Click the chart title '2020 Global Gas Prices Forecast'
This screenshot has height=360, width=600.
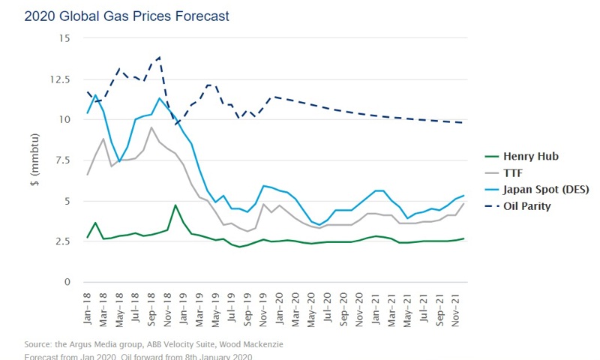[x=127, y=16]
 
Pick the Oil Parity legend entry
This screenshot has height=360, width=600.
[x=528, y=206]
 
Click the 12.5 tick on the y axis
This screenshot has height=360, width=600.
[x=60, y=79]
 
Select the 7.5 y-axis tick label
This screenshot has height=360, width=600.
[x=62, y=160]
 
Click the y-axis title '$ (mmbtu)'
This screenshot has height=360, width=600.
[x=34, y=160]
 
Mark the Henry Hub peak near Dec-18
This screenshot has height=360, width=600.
[x=175, y=205]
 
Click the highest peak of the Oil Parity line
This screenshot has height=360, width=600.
[x=160, y=57]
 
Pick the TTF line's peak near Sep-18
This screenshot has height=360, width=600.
[x=151, y=127]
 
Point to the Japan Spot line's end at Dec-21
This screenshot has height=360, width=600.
[x=463, y=196]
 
